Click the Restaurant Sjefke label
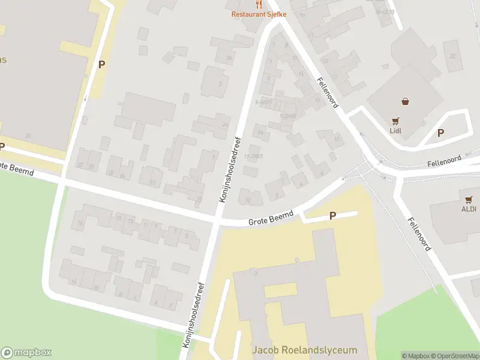click(x=259, y=14)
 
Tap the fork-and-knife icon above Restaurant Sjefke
click(x=259, y=4)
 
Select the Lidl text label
click(x=395, y=130)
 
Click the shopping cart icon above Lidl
click(x=395, y=121)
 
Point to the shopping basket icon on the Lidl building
click(x=407, y=101)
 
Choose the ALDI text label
click(x=469, y=209)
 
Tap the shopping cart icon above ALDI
click(x=469, y=199)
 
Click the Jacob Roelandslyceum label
click(x=305, y=350)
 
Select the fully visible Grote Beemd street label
click(x=271, y=218)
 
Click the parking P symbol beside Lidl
click(x=440, y=133)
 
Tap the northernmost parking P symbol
click(x=102, y=64)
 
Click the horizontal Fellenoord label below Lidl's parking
click(x=444, y=161)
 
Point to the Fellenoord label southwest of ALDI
click(x=419, y=234)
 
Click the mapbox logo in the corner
click(x=26, y=353)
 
